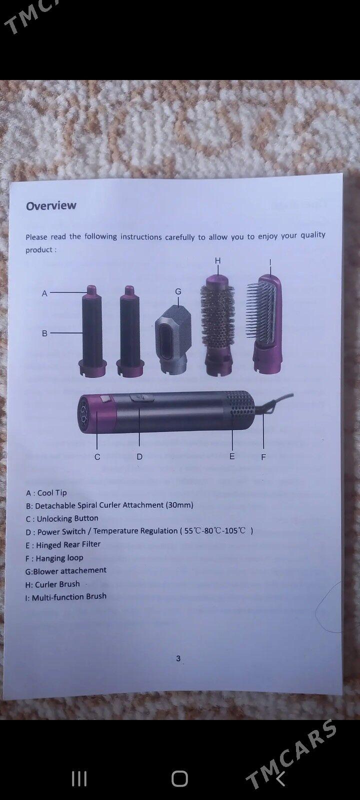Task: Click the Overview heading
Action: (x=51, y=205)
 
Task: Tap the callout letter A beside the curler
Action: (x=44, y=293)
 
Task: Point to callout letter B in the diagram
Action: (x=44, y=333)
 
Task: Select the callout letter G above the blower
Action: (x=178, y=292)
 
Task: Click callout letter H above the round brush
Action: (x=218, y=260)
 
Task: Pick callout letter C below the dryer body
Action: (x=97, y=457)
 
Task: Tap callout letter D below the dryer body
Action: (x=139, y=457)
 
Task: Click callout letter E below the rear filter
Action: (x=232, y=456)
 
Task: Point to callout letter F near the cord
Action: (x=263, y=457)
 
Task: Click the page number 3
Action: (x=178, y=658)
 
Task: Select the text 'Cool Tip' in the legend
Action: (x=52, y=493)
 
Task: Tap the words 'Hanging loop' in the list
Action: (x=59, y=558)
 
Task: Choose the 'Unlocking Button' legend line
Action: (x=62, y=518)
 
